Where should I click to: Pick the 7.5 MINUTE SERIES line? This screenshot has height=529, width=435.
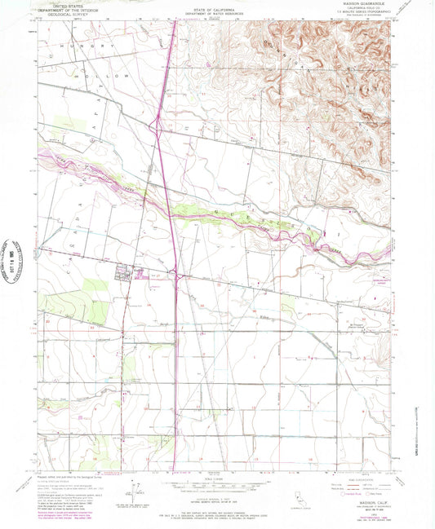click(x=357, y=15)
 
